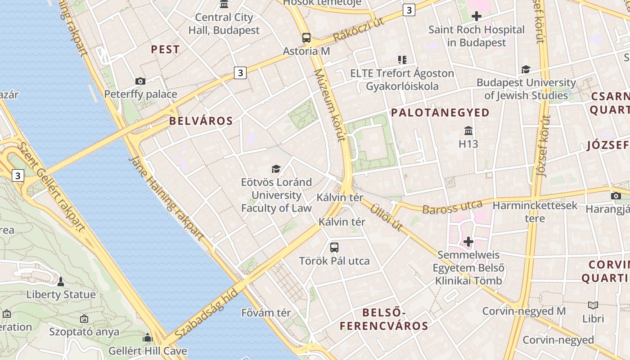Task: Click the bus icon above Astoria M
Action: tap(306, 38)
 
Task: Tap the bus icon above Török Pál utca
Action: tap(334, 247)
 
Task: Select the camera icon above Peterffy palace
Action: tap(140, 81)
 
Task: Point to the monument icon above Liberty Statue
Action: tap(61, 282)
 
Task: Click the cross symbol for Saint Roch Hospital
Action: tap(476, 17)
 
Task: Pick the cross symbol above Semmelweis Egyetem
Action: tap(468, 242)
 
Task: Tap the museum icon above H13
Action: tap(468, 131)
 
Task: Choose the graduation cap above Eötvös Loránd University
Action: tap(276, 169)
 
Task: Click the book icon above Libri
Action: tap(593, 305)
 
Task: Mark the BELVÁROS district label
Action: tap(201, 121)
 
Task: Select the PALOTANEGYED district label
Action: tap(440, 112)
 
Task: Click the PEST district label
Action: tap(165, 49)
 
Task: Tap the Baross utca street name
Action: tap(452, 207)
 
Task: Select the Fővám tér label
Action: tap(266, 312)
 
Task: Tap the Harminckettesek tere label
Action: tap(535, 212)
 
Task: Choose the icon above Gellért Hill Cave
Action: tap(148, 337)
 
